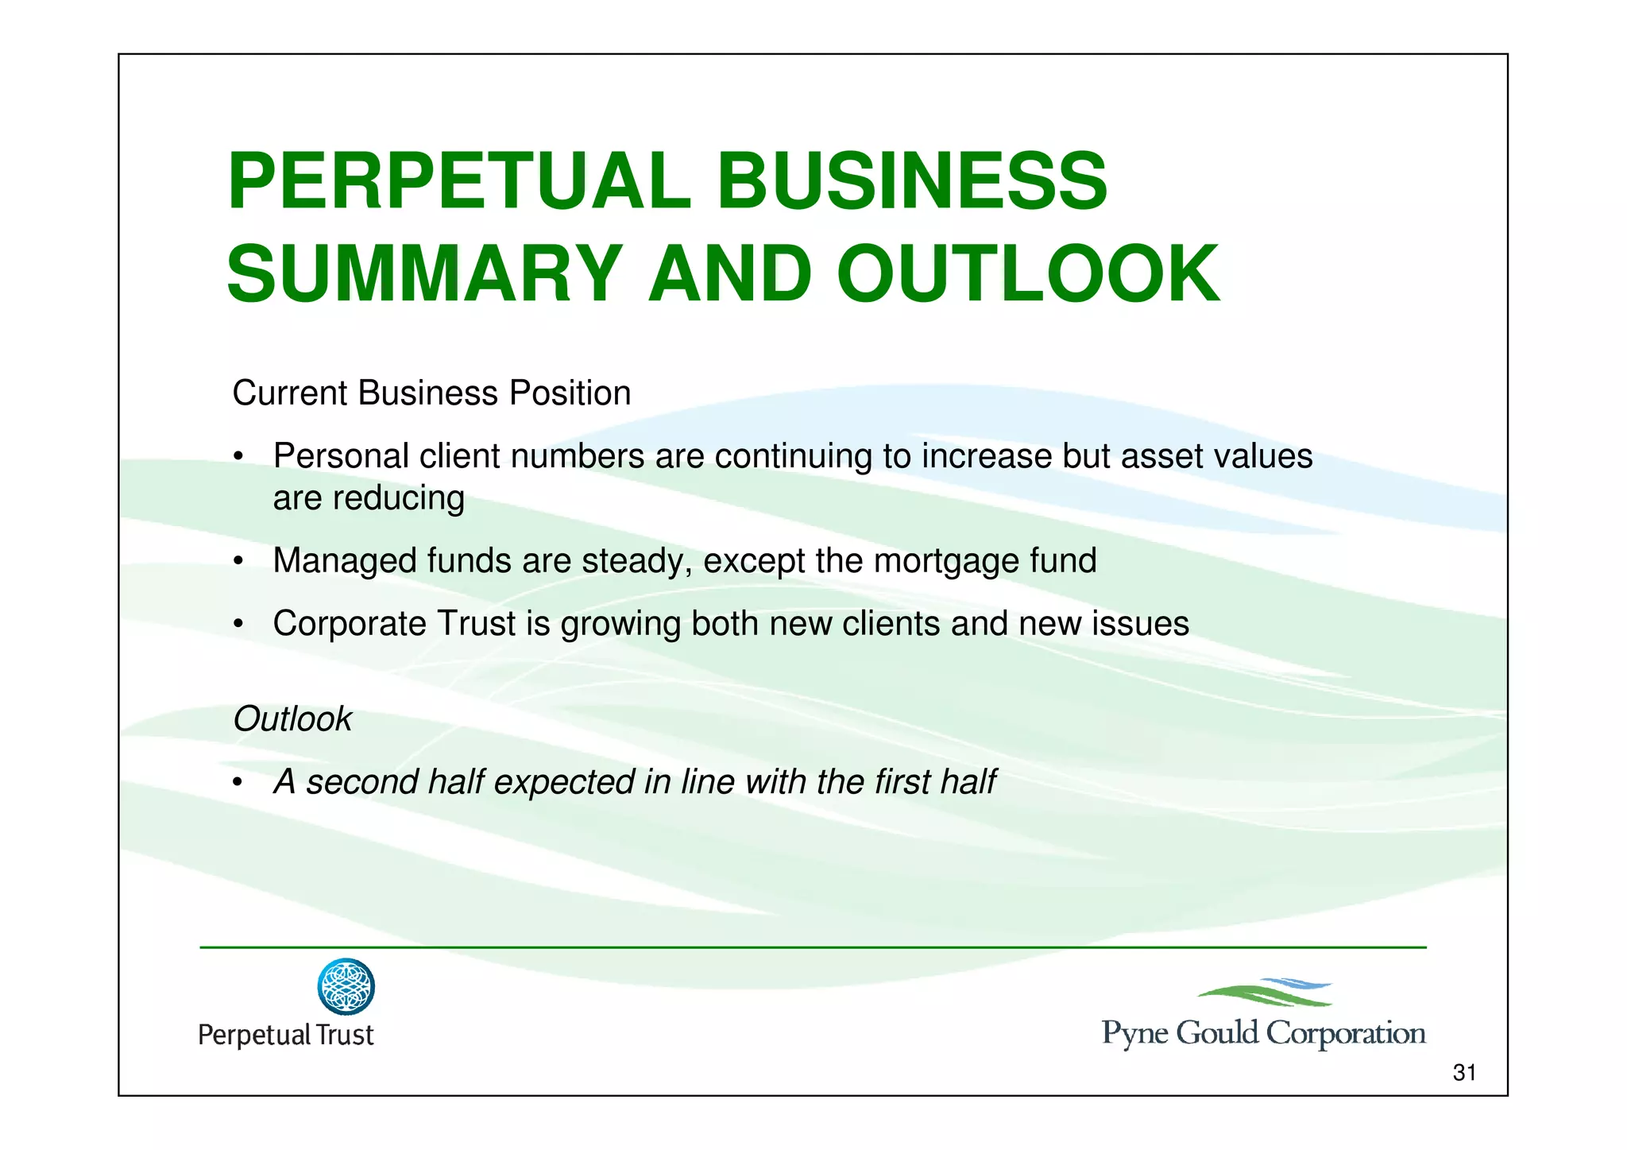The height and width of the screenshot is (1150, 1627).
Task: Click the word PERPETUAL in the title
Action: [459, 182]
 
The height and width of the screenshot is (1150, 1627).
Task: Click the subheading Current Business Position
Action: [431, 393]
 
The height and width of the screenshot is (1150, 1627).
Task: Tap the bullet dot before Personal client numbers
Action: [238, 459]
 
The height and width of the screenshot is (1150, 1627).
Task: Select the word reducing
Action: [398, 499]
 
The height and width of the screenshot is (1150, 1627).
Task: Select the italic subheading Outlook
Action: [292, 719]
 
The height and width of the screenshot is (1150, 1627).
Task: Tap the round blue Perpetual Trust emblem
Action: [346, 986]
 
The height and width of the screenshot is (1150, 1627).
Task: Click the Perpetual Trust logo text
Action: [285, 1035]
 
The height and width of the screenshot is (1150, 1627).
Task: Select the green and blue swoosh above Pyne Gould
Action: [1265, 993]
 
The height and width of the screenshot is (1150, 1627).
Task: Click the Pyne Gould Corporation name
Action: [1263, 1033]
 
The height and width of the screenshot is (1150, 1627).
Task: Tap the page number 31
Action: [1463, 1073]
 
